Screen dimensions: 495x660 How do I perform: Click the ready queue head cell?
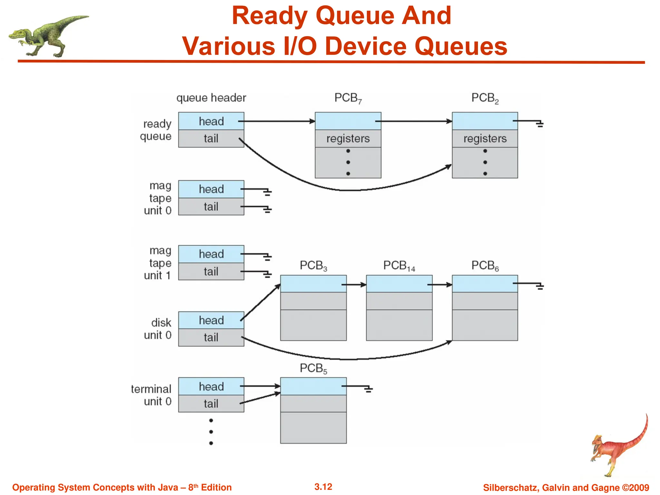pyautogui.click(x=211, y=121)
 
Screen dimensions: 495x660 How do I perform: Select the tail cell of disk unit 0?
pyautogui.click(x=211, y=337)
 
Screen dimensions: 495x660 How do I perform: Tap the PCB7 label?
pyautogui.click(x=348, y=98)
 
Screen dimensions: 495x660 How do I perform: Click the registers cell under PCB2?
pyautogui.click(x=485, y=139)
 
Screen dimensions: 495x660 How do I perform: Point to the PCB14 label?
pyautogui.click(x=399, y=266)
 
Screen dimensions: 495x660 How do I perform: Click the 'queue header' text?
pyautogui.click(x=211, y=98)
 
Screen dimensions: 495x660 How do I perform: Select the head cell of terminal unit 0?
pyautogui.click(x=211, y=386)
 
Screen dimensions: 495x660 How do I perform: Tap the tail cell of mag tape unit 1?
pyautogui.click(x=211, y=272)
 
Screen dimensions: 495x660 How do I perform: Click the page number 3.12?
pyautogui.click(x=323, y=487)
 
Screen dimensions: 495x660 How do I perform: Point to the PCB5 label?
pyautogui.click(x=313, y=368)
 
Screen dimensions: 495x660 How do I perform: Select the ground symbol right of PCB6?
pyautogui.click(x=540, y=286)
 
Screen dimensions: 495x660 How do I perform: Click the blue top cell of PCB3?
pyautogui.click(x=313, y=284)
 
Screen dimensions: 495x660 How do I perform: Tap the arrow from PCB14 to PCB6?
pyautogui.click(x=440, y=285)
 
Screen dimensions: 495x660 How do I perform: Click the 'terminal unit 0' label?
pyautogui.click(x=151, y=395)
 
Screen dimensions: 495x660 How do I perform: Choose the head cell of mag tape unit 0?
pyautogui.click(x=211, y=189)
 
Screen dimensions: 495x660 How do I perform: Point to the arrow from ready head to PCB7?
pyautogui.click(x=277, y=121)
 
